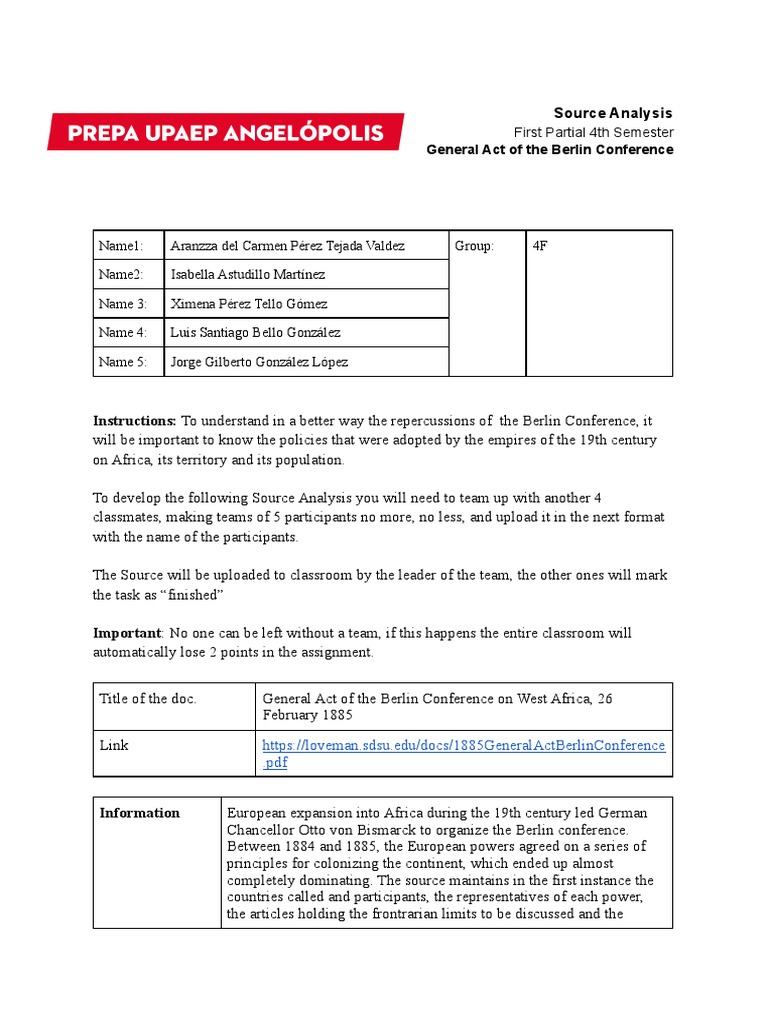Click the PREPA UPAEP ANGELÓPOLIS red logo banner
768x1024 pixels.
pos(225,132)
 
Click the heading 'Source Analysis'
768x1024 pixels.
pos(613,113)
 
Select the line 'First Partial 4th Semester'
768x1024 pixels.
pos(593,132)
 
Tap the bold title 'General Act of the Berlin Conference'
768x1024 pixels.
pos(549,150)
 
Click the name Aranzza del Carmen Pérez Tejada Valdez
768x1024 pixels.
pos(287,246)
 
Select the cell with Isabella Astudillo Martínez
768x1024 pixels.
pos(248,275)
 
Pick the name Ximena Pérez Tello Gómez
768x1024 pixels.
pos(249,304)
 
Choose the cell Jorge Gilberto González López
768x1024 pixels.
pos(259,362)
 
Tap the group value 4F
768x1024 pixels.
pos(540,246)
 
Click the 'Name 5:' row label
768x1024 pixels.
pos(122,362)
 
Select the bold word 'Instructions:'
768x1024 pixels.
pos(135,421)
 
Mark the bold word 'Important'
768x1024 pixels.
pos(127,633)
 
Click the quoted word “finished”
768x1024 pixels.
pos(190,595)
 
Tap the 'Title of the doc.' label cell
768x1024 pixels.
pos(148,699)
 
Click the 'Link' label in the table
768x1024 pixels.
pos(114,746)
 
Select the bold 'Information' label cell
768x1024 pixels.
pos(140,813)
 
